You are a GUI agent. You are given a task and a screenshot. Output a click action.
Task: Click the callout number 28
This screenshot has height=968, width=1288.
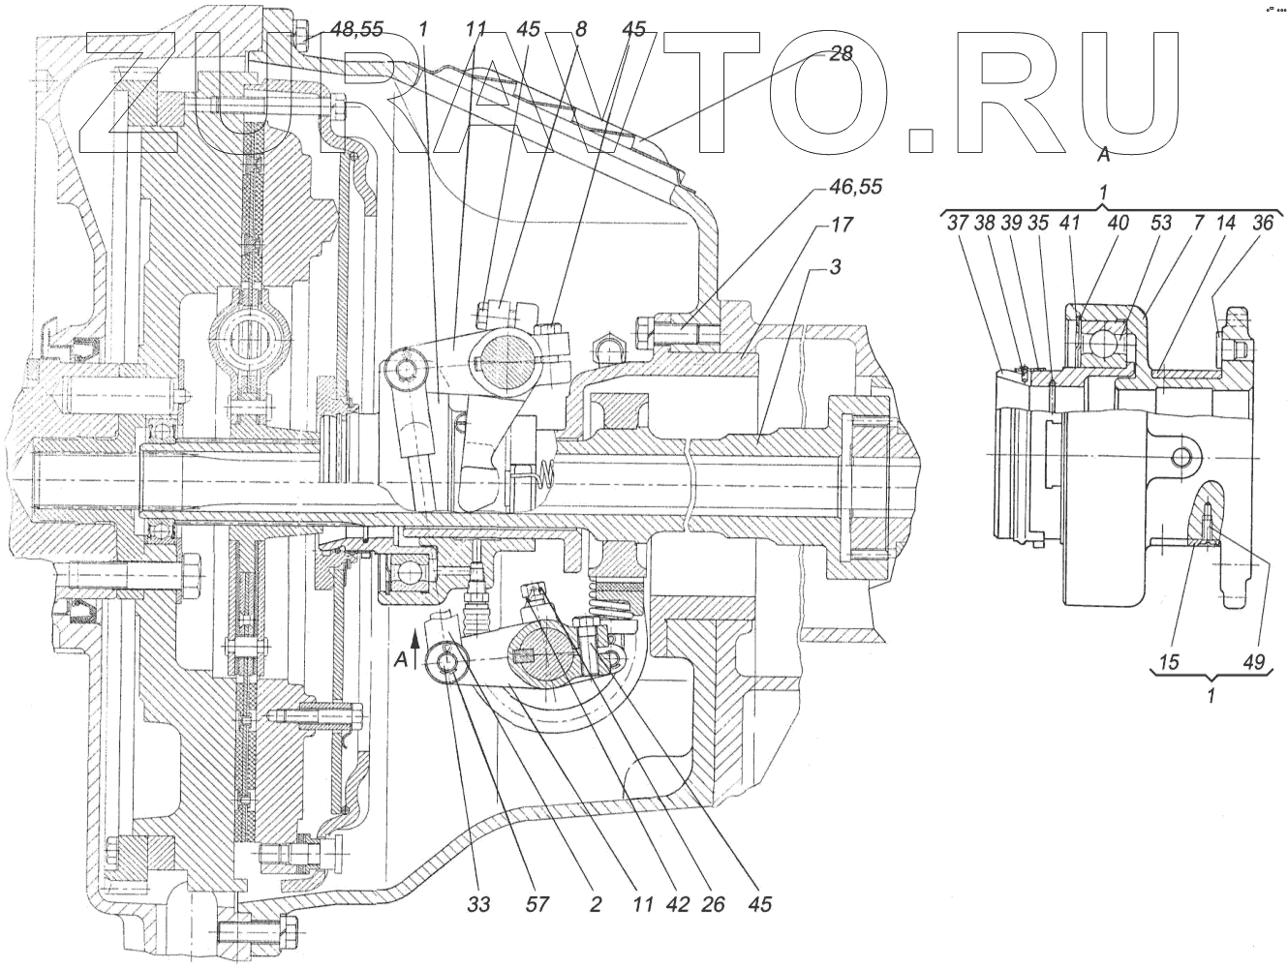[x=841, y=54]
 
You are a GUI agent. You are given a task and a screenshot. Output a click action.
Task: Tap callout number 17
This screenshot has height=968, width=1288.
[x=841, y=225]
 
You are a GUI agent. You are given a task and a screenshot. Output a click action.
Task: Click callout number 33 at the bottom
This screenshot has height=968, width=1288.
[x=478, y=905]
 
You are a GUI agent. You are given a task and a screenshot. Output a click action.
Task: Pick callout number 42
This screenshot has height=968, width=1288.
[x=678, y=905]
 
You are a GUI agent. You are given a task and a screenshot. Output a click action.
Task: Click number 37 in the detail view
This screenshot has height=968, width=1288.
[x=958, y=223]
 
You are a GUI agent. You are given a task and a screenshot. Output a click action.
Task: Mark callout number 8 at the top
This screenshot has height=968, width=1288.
[x=580, y=30]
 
